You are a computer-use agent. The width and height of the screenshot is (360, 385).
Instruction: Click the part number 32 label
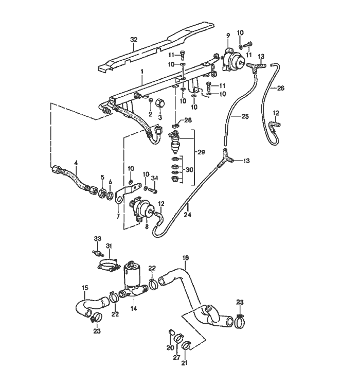click(134, 40)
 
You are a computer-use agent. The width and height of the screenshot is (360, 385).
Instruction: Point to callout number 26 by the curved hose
click(280, 88)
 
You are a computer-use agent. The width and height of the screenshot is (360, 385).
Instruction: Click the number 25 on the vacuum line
click(244, 117)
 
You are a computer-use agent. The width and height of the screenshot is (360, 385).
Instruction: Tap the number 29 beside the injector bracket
click(201, 153)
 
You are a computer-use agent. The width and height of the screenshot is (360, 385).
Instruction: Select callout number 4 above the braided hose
click(76, 163)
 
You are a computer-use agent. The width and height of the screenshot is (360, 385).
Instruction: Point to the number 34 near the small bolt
click(155, 178)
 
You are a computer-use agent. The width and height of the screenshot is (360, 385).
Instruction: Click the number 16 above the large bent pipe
click(186, 257)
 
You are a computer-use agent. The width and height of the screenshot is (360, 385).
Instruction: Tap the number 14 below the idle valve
click(134, 309)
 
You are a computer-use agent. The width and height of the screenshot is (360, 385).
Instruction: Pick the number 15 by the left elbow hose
click(85, 287)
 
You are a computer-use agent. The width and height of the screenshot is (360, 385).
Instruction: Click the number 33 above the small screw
click(98, 238)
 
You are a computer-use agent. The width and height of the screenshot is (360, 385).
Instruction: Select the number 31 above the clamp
click(109, 246)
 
